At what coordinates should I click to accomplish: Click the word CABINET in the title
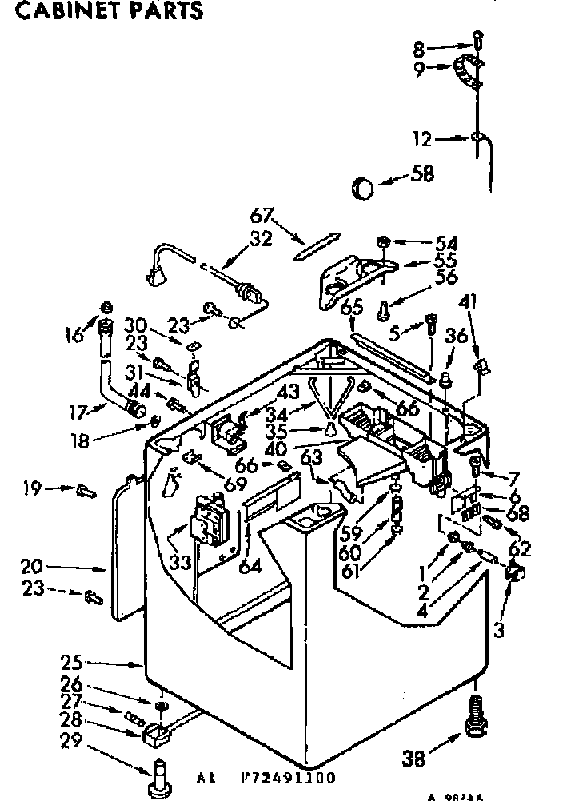[x=55, y=10]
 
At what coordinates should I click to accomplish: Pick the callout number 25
[x=72, y=662]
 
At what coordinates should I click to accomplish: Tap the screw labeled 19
[x=85, y=491]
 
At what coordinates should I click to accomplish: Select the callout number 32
[x=262, y=237]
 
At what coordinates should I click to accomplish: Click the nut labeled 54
[x=384, y=241]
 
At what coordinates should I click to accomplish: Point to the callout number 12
[x=444, y=140]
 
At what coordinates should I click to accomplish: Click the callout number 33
[x=180, y=562]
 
